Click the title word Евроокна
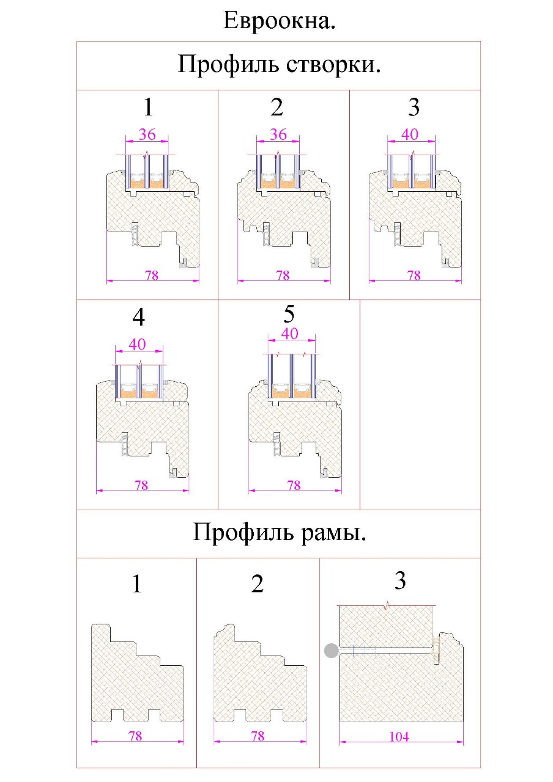point(280,21)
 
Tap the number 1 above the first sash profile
point(147,108)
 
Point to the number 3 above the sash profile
point(414,108)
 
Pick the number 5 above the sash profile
point(289,314)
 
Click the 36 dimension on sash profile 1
point(147,134)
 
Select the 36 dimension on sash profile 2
point(278,134)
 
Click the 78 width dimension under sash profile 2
point(283,276)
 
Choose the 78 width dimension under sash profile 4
point(141,486)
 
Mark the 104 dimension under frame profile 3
point(400,737)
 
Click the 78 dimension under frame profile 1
point(135,736)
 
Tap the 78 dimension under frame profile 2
point(258,736)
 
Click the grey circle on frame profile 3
point(332,651)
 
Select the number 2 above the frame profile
point(258,584)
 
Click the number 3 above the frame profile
point(400,581)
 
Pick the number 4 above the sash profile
point(139,318)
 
